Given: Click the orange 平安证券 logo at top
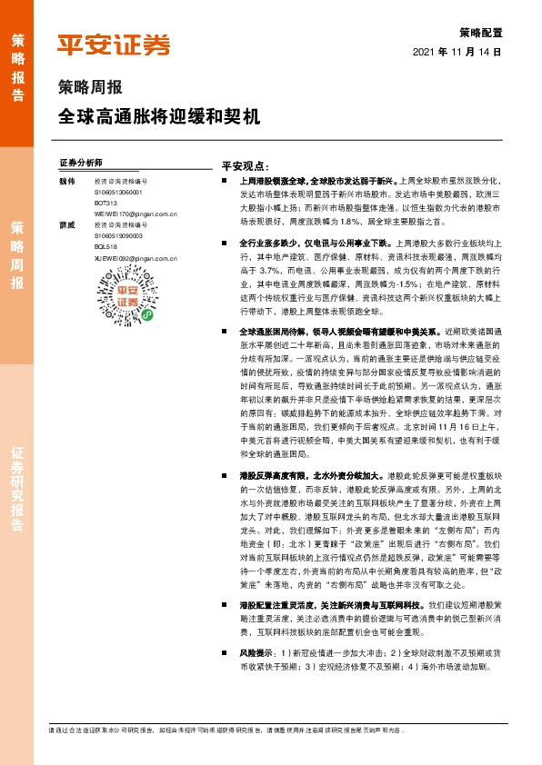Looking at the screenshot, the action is pyautogui.click(x=113, y=44).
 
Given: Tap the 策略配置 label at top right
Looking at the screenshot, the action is pyautogui.click(x=482, y=32).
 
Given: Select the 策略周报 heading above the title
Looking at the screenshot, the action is pyautogui.click(x=85, y=88).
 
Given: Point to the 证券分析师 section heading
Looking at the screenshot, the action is pyautogui.click(x=80, y=162).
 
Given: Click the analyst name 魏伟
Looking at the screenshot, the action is pyautogui.click(x=65, y=181).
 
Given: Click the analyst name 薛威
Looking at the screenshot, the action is pyautogui.click(x=65, y=224).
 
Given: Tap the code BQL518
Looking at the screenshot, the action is pyautogui.click(x=105, y=245).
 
